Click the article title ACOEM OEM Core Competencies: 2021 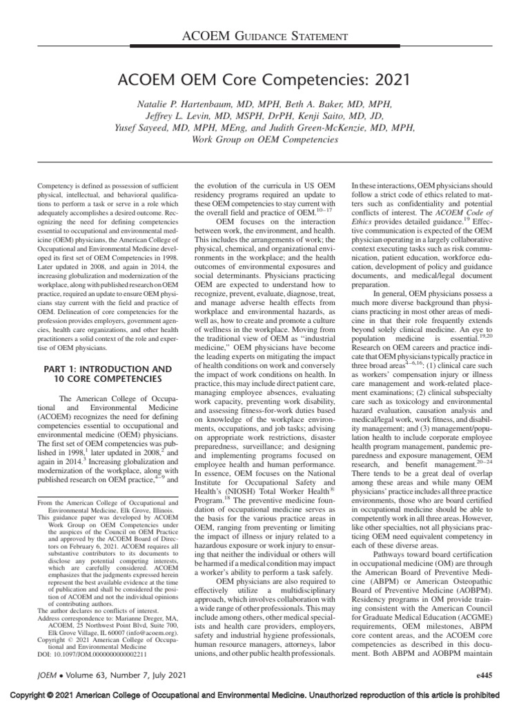click(265, 79)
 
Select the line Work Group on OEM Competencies click(265, 139)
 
